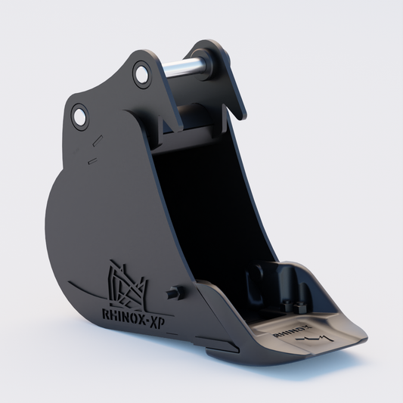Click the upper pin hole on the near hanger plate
point(141,73)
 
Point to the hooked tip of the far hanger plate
point(240,113)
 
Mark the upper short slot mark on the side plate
point(95,141)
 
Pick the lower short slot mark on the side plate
point(91,160)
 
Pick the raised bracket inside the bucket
point(284,284)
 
